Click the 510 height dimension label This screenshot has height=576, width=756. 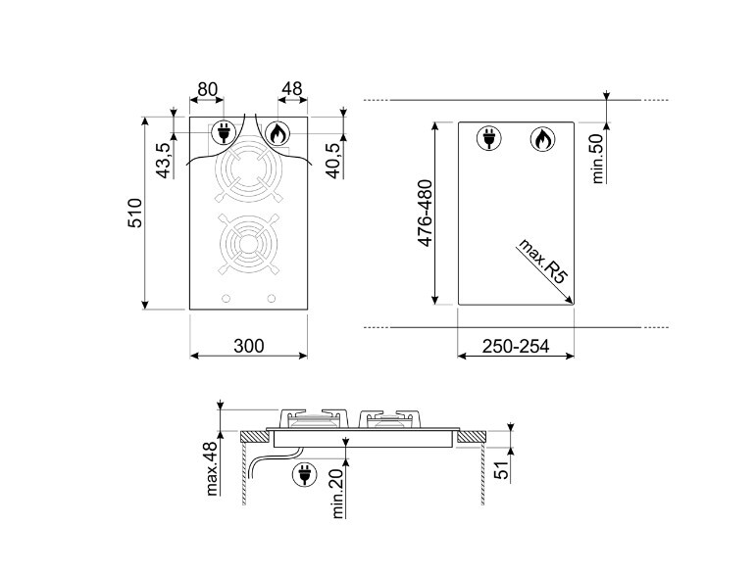click(135, 213)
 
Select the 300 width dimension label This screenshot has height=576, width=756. click(249, 346)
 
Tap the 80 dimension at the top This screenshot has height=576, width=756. click(207, 89)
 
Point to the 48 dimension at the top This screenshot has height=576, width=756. click(292, 88)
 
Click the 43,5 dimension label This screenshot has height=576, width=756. click(165, 161)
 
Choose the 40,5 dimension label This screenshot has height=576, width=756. click(334, 161)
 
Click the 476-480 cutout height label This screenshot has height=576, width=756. click(426, 213)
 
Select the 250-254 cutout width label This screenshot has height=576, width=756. click(516, 346)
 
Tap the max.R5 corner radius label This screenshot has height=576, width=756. click(542, 262)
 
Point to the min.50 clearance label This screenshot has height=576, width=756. click(598, 159)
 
